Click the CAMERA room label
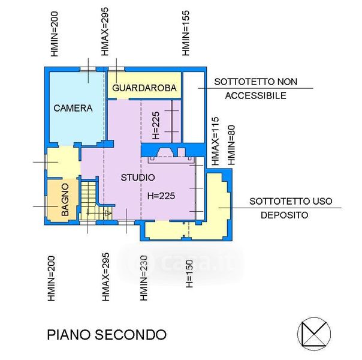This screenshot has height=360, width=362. tap(73, 109)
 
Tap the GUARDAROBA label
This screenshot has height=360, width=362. tap(144, 89)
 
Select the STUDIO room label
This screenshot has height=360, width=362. tap(138, 178)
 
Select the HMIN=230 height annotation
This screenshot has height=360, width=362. tap(144, 278)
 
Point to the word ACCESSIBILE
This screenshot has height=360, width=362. tap(255, 95)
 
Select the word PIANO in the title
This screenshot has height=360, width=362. tap(67, 334)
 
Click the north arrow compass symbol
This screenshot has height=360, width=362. tap(313, 332)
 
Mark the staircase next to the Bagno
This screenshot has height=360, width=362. tap(90, 201)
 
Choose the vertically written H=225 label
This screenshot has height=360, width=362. tap(155, 126)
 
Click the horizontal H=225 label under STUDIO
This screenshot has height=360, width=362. tap(162, 195)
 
